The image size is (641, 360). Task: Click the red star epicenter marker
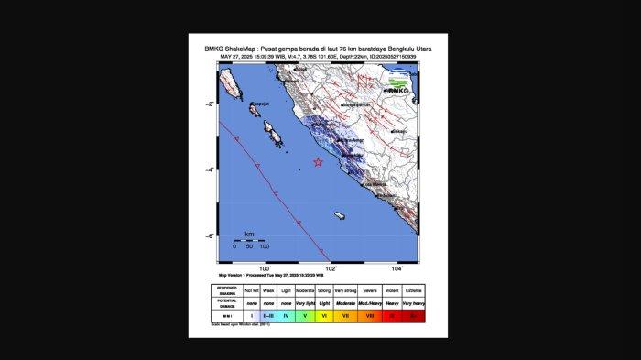pos(318,162)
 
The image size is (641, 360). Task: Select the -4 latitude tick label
pos(212,169)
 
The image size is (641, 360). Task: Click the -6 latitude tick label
pos(212,235)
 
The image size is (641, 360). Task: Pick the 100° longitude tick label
pos(266,268)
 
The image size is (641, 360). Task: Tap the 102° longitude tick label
pos(331,268)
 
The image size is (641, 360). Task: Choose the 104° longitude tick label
pos(397,268)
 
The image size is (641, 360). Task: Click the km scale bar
pos(249,239)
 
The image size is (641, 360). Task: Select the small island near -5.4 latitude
pos(339,216)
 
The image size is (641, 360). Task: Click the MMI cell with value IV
pos(286,316)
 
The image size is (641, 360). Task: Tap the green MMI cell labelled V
pos(305,316)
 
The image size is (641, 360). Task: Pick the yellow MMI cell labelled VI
pos(324,316)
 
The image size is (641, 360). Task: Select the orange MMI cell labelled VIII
pos(370,316)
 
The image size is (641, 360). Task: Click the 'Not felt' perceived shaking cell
pos(252,290)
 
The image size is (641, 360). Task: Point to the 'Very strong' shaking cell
pos(345,290)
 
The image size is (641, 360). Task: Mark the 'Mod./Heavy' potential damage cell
pos(370,302)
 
